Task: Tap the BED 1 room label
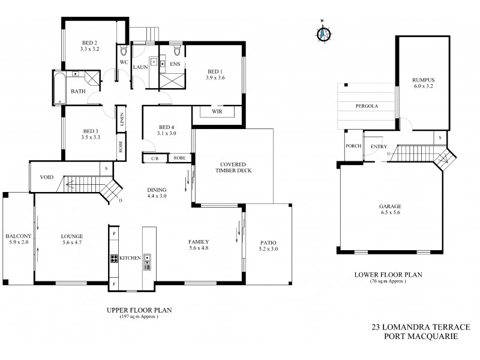click(214, 74)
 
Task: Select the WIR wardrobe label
click(217, 112)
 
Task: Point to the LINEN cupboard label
click(121, 119)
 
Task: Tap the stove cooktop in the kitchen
click(113, 258)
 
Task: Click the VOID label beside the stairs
click(47, 178)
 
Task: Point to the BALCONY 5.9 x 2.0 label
click(17, 239)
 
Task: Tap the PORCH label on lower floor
click(352, 146)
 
